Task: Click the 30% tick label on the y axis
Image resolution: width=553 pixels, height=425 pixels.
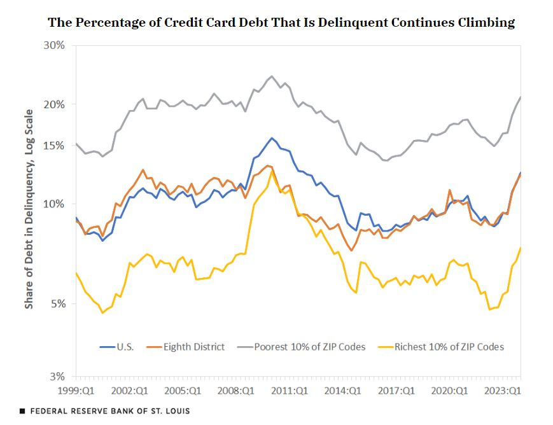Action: click(53, 45)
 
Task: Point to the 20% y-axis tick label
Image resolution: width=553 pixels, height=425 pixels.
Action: click(53, 104)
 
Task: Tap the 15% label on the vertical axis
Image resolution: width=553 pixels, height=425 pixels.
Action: click(53, 146)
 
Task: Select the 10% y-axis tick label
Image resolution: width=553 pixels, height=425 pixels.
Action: click(53, 204)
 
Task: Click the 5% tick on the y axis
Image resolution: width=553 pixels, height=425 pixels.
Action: click(57, 304)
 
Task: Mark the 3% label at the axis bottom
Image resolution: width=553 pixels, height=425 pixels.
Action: click(57, 377)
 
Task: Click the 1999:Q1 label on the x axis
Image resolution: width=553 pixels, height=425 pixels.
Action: click(76, 389)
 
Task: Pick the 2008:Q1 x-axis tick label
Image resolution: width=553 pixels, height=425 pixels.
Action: click(235, 389)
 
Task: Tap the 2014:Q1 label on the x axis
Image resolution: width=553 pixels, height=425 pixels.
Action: click(341, 389)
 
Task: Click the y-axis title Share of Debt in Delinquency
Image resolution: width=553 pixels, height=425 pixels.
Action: click(29, 209)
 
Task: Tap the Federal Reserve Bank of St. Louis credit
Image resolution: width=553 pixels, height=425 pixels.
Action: click(104, 411)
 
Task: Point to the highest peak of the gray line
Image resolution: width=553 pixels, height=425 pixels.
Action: click(272, 76)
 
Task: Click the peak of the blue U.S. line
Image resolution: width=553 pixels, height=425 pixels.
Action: click(272, 138)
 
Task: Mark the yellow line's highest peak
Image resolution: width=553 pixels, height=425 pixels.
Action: click(272, 171)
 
